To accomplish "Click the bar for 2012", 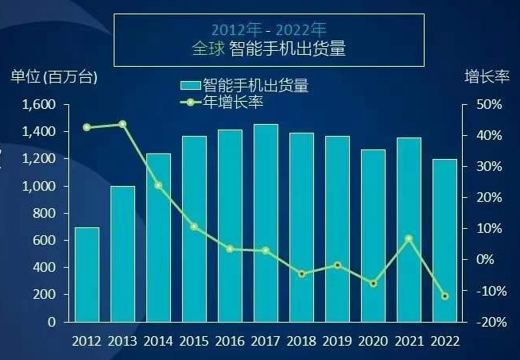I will [x=87, y=274].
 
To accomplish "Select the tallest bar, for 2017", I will [x=266, y=223].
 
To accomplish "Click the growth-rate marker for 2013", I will [x=122, y=124].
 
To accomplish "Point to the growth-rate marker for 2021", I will [x=409, y=238].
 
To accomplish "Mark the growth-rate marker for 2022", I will [x=444, y=296].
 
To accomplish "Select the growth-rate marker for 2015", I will [x=194, y=226].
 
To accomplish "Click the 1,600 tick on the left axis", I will [x=39, y=104].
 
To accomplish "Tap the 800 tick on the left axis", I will [x=45, y=213].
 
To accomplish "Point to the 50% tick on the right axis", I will [x=489, y=105].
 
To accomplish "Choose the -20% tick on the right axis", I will [x=487, y=322].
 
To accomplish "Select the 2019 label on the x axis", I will [x=337, y=341].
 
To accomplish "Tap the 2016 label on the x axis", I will [x=230, y=341].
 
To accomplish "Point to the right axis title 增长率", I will [x=485, y=77].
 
